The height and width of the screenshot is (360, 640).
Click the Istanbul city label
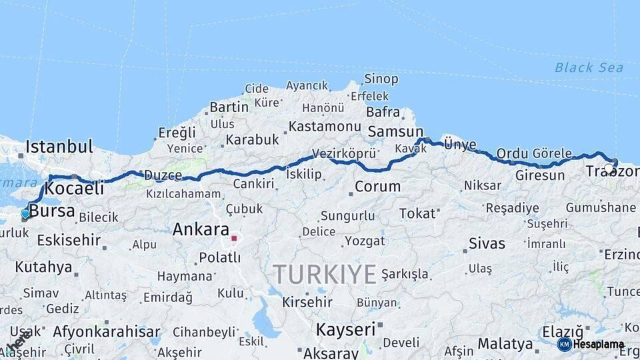point(59,146)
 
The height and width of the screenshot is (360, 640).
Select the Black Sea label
point(589,67)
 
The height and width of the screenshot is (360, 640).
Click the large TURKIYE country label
point(325,274)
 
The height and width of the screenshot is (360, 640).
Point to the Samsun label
point(395,131)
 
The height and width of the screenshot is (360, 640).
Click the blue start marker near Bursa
point(25,214)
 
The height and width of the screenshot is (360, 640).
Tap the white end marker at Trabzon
point(609,169)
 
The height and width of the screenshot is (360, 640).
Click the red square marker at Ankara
point(234,237)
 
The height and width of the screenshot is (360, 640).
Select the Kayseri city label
point(346,329)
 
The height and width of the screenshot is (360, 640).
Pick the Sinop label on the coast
point(381,79)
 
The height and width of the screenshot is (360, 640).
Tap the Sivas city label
point(487,243)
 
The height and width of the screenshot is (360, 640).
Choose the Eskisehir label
point(69,240)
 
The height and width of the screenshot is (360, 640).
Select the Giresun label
point(540,176)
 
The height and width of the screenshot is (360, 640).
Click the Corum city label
point(377,187)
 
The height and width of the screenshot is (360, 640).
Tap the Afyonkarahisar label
point(107,331)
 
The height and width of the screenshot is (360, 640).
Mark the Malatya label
point(505,344)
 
